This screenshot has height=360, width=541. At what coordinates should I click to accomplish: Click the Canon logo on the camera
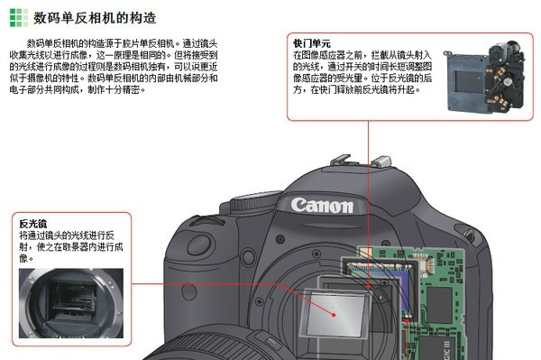click(322, 205)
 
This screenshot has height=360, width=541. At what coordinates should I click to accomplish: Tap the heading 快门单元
click(312, 44)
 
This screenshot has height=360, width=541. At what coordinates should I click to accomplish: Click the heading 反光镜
click(33, 224)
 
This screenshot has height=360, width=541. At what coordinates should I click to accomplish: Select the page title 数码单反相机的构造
click(95, 18)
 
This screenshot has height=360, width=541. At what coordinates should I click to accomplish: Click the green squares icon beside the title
click(19, 18)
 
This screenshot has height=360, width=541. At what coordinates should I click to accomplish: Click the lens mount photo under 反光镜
click(71, 303)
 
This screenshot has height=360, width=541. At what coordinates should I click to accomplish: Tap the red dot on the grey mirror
click(334, 315)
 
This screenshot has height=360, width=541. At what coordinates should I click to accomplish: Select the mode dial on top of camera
click(255, 201)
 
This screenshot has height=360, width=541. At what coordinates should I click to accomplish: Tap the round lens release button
click(249, 257)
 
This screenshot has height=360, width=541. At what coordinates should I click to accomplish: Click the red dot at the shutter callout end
click(368, 287)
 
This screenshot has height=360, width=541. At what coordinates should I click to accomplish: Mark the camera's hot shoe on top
click(361, 162)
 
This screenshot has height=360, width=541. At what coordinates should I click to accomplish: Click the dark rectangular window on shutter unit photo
click(469, 82)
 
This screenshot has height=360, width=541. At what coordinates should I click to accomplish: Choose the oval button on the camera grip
click(199, 245)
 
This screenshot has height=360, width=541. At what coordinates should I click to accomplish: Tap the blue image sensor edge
click(407, 288)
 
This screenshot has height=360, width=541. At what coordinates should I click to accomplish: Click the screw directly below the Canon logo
click(280, 238)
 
